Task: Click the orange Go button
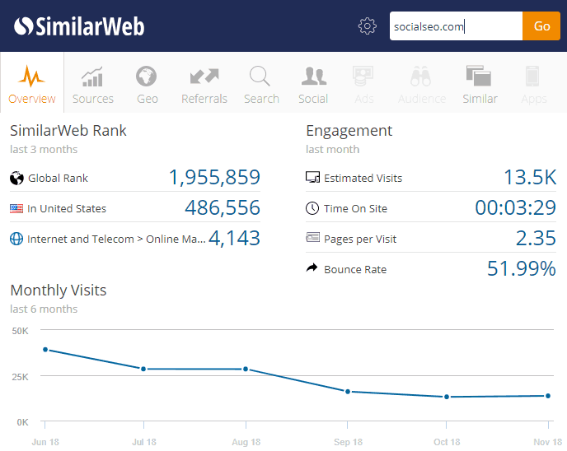pyautogui.click(x=541, y=26)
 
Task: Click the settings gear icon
pyautogui.click(x=367, y=26)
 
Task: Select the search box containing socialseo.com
pyautogui.click(x=456, y=26)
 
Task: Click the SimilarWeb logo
pyautogui.click(x=79, y=26)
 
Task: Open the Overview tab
pyautogui.click(x=32, y=85)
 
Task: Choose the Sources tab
pyautogui.click(x=93, y=85)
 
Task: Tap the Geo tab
pyautogui.click(x=148, y=85)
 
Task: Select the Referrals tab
pyautogui.click(x=204, y=85)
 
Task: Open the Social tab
pyautogui.click(x=313, y=85)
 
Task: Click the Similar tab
pyautogui.click(x=480, y=85)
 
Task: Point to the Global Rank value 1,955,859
pyautogui.click(x=214, y=178)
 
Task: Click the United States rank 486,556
pyautogui.click(x=223, y=208)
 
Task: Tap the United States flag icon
pyautogui.click(x=16, y=208)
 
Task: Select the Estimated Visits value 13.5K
pyautogui.click(x=530, y=178)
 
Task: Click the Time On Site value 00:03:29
pyautogui.click(x=515, y=208)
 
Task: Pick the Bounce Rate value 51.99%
pyautogui.click(x=521, y=269)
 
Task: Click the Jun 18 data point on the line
pyautogui.click(x=45, y=350)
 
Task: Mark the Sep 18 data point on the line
pyautogui.click(x=348, y=392)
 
